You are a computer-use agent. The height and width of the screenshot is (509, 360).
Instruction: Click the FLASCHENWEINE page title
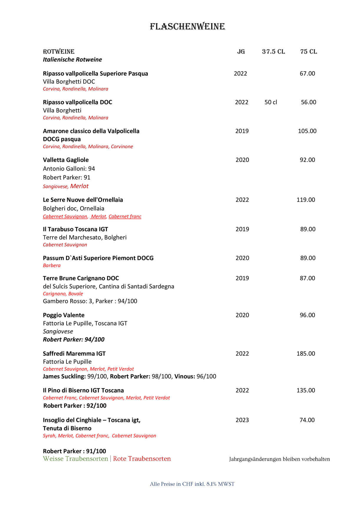[x=187, y=27]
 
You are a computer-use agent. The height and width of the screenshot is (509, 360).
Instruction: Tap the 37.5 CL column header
[x=273, y=52]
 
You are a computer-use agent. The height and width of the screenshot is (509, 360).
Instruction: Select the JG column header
[x=241, y=52]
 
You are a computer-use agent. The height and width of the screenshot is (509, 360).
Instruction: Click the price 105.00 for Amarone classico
[x=307, y=131]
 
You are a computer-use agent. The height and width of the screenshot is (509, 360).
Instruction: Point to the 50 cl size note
[x=271, y=102]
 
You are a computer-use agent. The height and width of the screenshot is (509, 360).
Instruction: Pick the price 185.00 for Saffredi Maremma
[x=305, y=353]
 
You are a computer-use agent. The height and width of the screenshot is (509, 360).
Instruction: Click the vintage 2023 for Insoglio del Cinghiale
[x=242, y=420]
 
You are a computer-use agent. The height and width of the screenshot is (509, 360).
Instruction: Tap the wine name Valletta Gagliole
[x=66, y=160]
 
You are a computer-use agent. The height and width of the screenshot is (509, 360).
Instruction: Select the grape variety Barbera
[x=52, y=265]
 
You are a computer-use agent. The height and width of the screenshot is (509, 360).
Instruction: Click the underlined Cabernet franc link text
[x=125, y=217]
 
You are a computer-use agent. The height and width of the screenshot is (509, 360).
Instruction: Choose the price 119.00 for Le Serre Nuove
[x=305, y=200]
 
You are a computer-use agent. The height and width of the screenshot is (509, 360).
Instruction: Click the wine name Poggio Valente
[x=64, y=315]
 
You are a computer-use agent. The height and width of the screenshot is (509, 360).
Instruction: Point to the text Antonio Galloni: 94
[x=69, y=169]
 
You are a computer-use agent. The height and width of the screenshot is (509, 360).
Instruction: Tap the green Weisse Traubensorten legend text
[x=75, y=459]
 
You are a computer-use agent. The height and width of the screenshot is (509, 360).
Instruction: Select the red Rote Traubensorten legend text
[x=142, y=459]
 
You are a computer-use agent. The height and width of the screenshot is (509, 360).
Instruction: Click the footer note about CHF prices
[x=192, y=484]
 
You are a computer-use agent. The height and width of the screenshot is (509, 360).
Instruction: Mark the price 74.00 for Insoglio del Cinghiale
[x=307, y=420]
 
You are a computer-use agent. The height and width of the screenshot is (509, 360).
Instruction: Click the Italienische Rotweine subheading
[x=72, y=60]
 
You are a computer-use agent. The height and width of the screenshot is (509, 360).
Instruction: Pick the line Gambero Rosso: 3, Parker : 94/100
[x=90, y=301]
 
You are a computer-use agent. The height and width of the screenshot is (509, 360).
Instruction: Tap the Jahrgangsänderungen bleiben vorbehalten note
[x=279, y=459]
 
